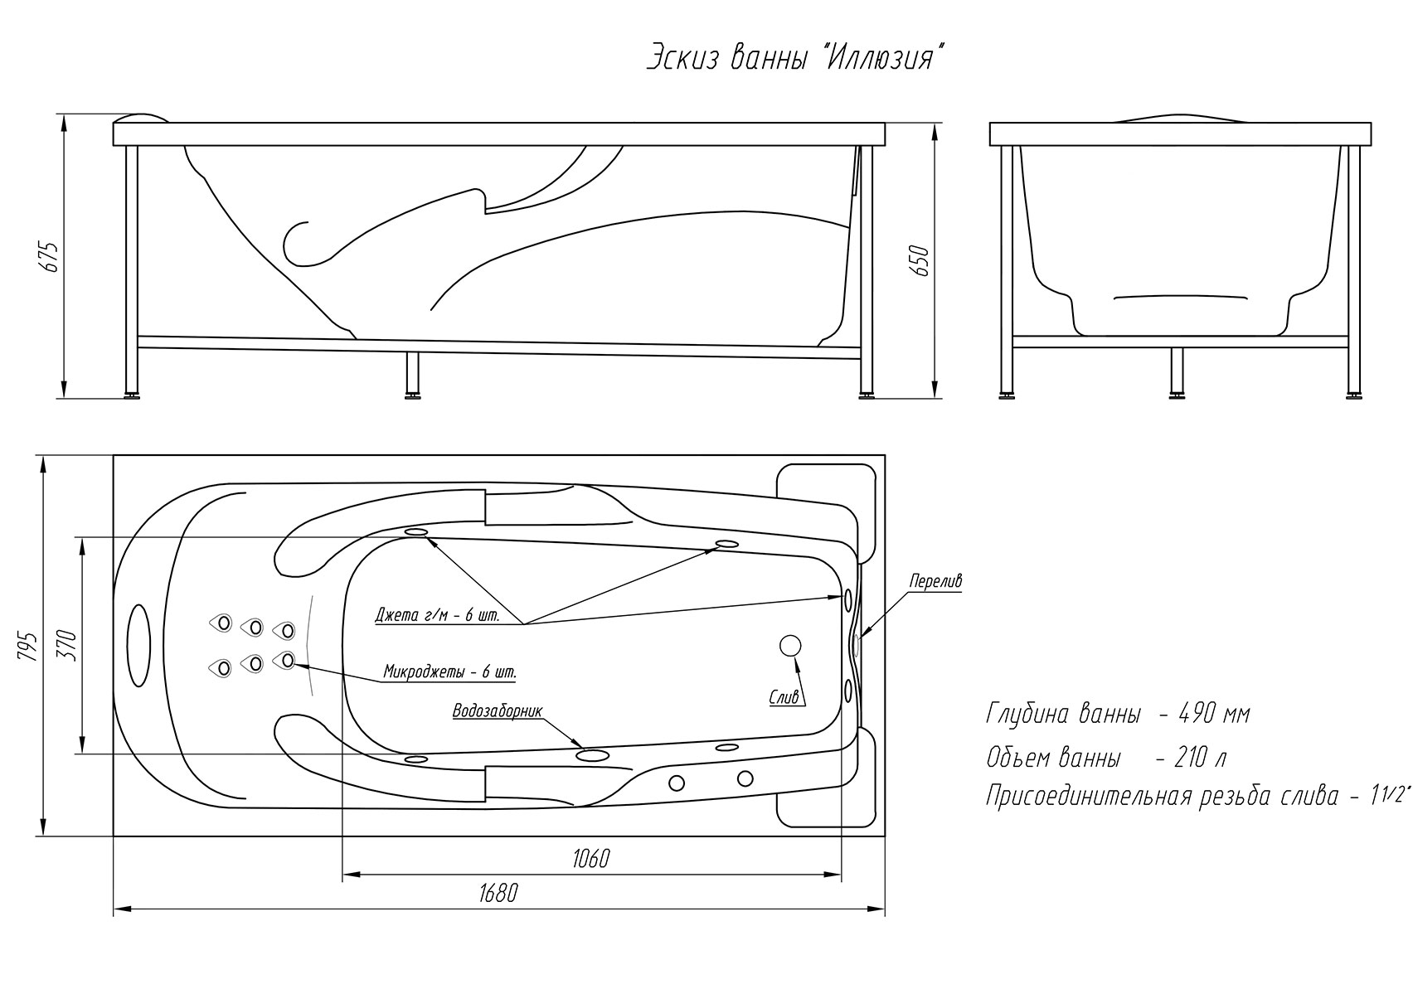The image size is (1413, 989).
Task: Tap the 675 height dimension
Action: tap(51, 257)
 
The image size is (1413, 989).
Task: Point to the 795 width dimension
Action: tap(30, 647)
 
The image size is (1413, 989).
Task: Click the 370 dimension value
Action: tap(70, 646)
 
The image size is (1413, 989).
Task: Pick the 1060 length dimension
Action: tap(591, 859)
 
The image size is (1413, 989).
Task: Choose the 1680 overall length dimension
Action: tap(498, 894)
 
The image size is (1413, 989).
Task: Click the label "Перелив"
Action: tap(935, 580)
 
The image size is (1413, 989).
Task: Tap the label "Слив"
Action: tap(784, 697)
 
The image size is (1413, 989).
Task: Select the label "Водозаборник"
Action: tap(498, 712)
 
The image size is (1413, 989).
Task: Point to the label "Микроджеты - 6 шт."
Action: tap(449, 671)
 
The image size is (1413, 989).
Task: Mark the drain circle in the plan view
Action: tap(791, 646)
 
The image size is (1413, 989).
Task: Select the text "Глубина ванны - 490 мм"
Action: tap(1118, 714)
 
